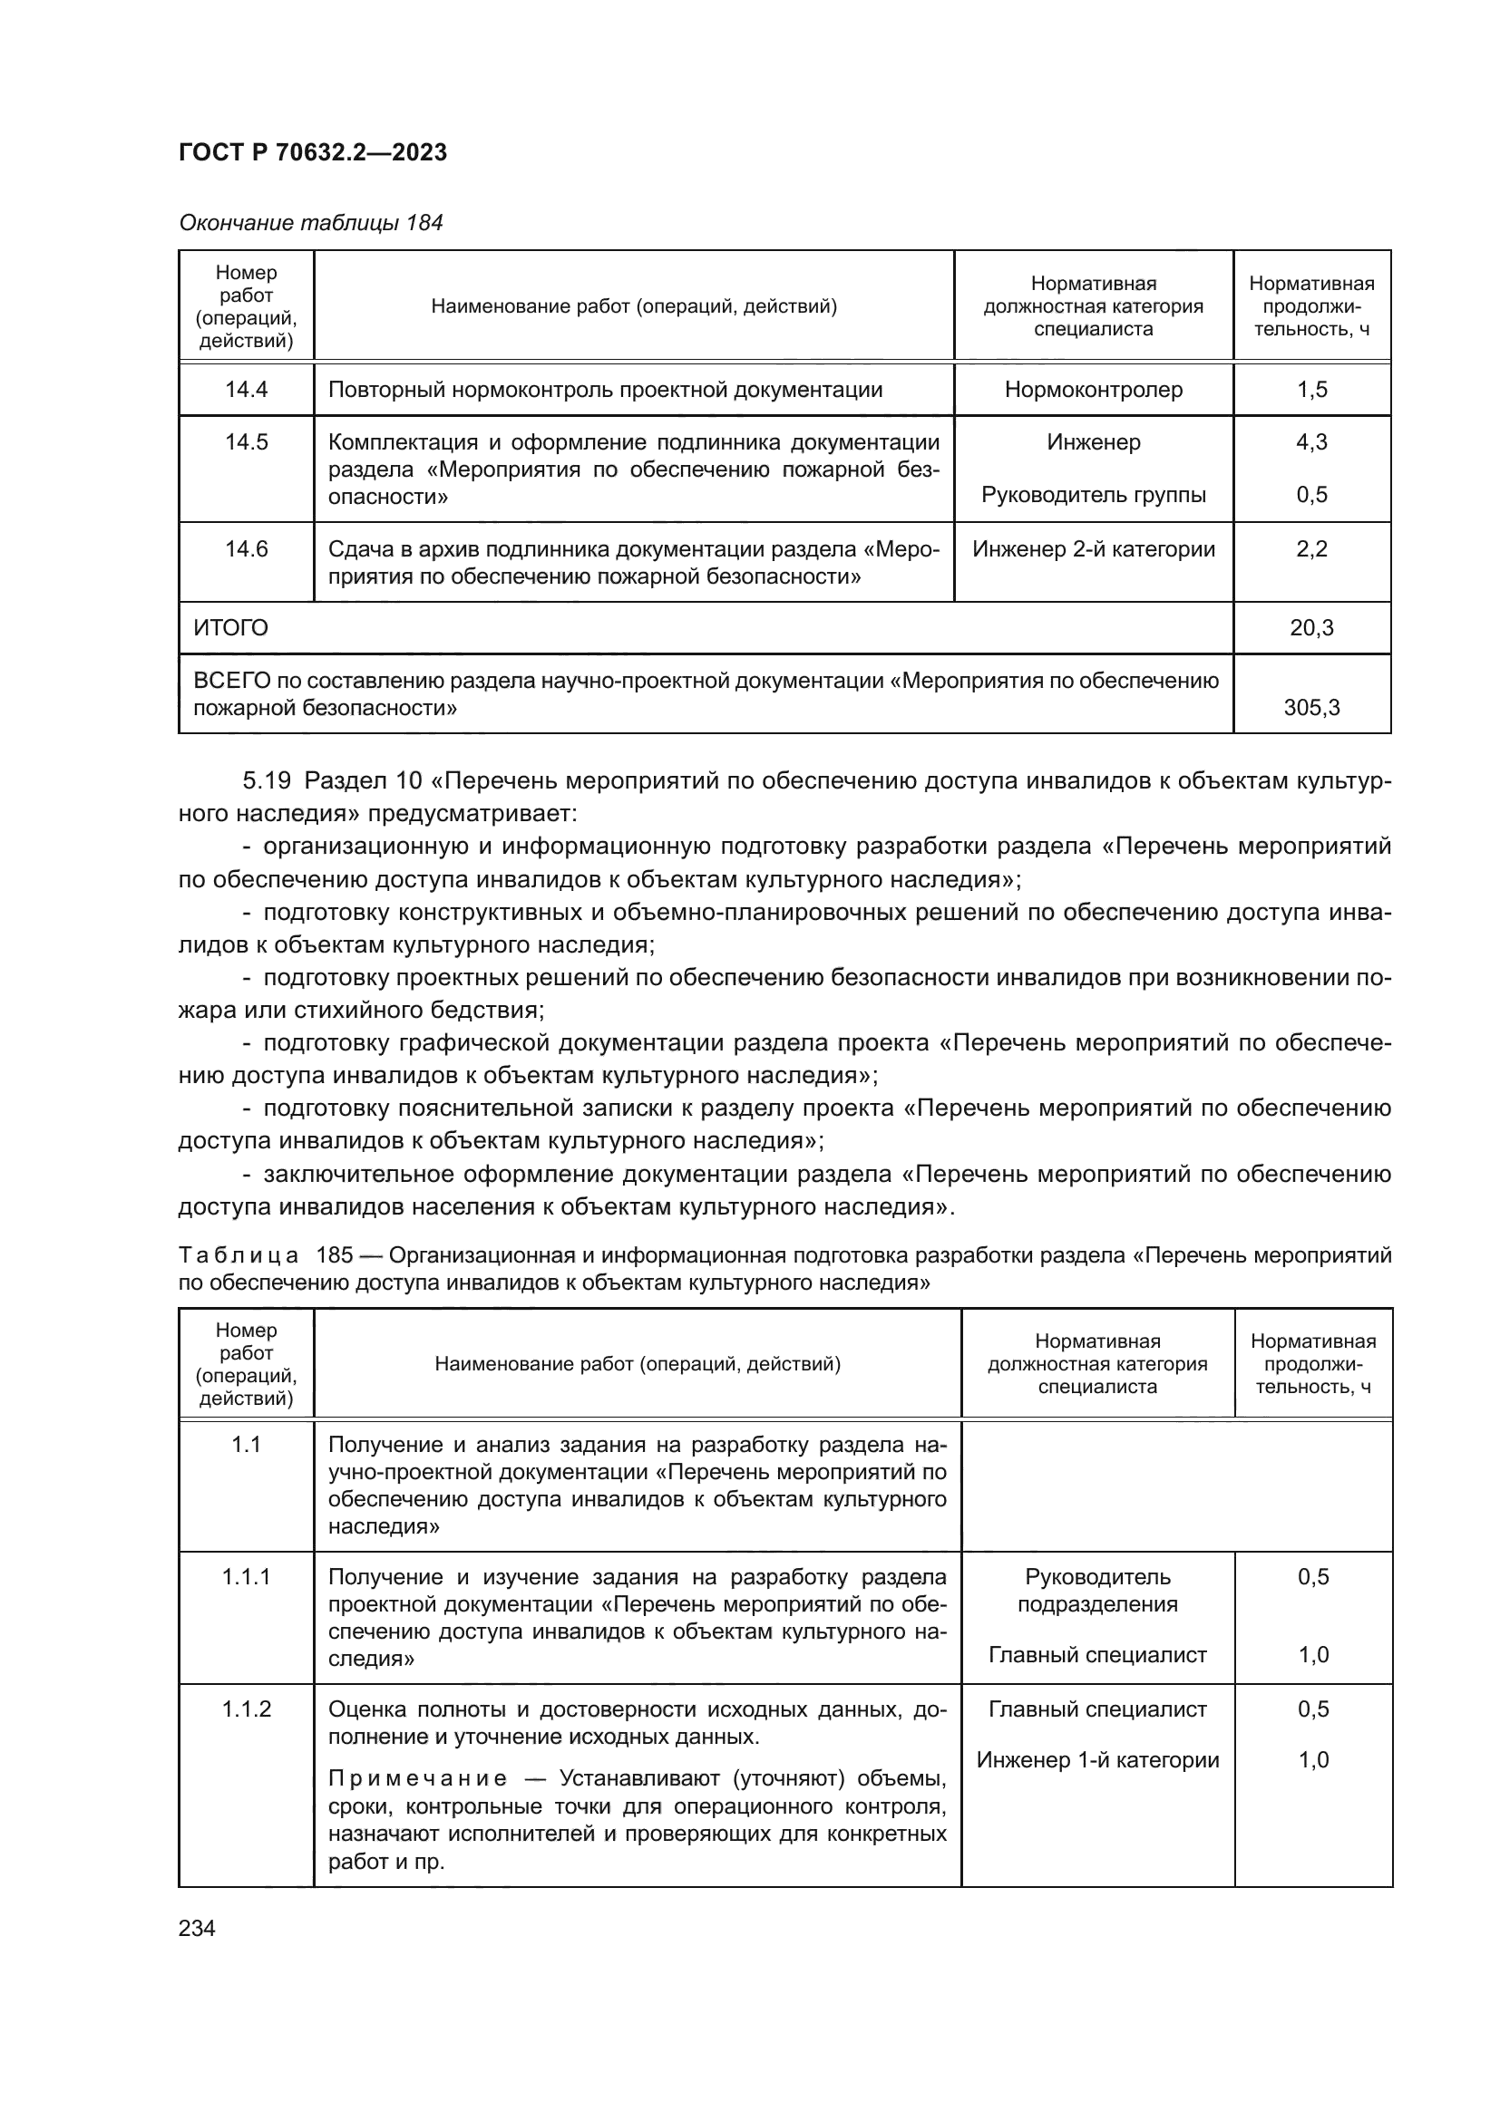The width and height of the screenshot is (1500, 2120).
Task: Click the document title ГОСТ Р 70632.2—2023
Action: pyautogui.click(x=312, y=153)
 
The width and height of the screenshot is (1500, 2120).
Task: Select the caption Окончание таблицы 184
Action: pyautogui.click(x=310, y=223)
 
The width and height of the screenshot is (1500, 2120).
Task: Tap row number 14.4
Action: pyautogui.click(x=246, y=390)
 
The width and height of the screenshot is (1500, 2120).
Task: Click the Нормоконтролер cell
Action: pyautogui.click(x=1093, y=390)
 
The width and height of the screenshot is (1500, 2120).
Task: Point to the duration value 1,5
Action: pyautogui.click(x=1310, y=390)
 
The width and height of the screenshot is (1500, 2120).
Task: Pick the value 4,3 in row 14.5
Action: pyautogui.click(x=1310, y=442)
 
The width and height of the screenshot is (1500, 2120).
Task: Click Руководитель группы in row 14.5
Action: pyautogui.click(x=1093, y=495)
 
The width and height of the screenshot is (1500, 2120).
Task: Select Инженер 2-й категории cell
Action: pyautogui.click(x=1093, y=549)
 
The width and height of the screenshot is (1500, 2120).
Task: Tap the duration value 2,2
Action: pyautogui.click(x=1310, y=549)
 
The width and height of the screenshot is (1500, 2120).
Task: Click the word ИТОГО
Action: pyautogui.click(x=231, y=629)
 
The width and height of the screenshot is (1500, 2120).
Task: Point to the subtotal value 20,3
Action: pyautogui.click(x=1310, y=629)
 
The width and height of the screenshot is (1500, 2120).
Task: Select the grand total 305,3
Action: pyautogui.click(x=1310, y=708)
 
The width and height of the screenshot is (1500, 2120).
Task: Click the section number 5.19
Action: pyautogui.click(x=267, y=781)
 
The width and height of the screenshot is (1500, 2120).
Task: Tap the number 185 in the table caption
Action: pyautogui.click(x=335, y=1255)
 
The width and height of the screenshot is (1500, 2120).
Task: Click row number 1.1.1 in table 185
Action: pyautogui.click(x=246, y=1577)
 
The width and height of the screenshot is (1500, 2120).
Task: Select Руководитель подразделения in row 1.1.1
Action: pyautogui.click(x=1096, y=1590)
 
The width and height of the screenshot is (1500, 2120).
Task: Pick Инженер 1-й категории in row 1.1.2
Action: pyautogui.click(x=1096, y=1760)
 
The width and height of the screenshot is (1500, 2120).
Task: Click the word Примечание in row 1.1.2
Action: pyautogui.click(x=417, y=1779)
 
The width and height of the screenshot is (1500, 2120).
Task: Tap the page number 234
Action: pyautogui.click(x=197, y=1929)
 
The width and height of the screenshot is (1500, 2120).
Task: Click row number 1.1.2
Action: pyautogui.click(x=246, y=1709)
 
